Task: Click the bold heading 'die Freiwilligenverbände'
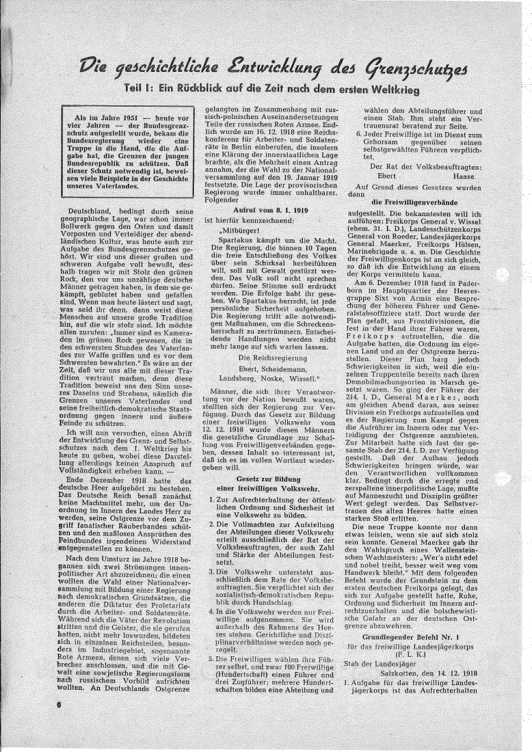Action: [409, 202]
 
